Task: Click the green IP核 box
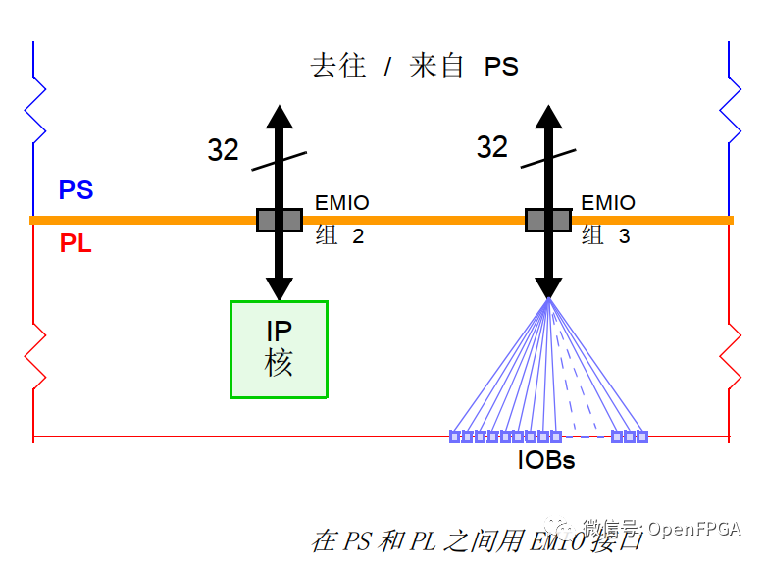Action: [279, 349]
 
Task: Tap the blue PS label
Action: [76, 190]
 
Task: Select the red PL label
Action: [76, 244]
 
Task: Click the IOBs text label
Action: [546, 459]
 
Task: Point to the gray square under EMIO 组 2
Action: [280, 220]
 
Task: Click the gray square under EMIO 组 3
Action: [547, 220]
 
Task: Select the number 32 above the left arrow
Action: [224, 150]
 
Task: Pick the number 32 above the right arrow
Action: [492, 147]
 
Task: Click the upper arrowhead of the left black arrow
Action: [280, 115]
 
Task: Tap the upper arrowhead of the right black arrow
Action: [547, 115]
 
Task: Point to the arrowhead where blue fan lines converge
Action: [547, 287]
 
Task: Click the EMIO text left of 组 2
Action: [342, 204]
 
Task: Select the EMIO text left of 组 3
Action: [608, 203]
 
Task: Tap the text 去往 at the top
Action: [338, 67]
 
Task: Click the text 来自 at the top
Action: [437, 67]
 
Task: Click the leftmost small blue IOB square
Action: [455, 436]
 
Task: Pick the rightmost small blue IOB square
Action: [642, 436]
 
